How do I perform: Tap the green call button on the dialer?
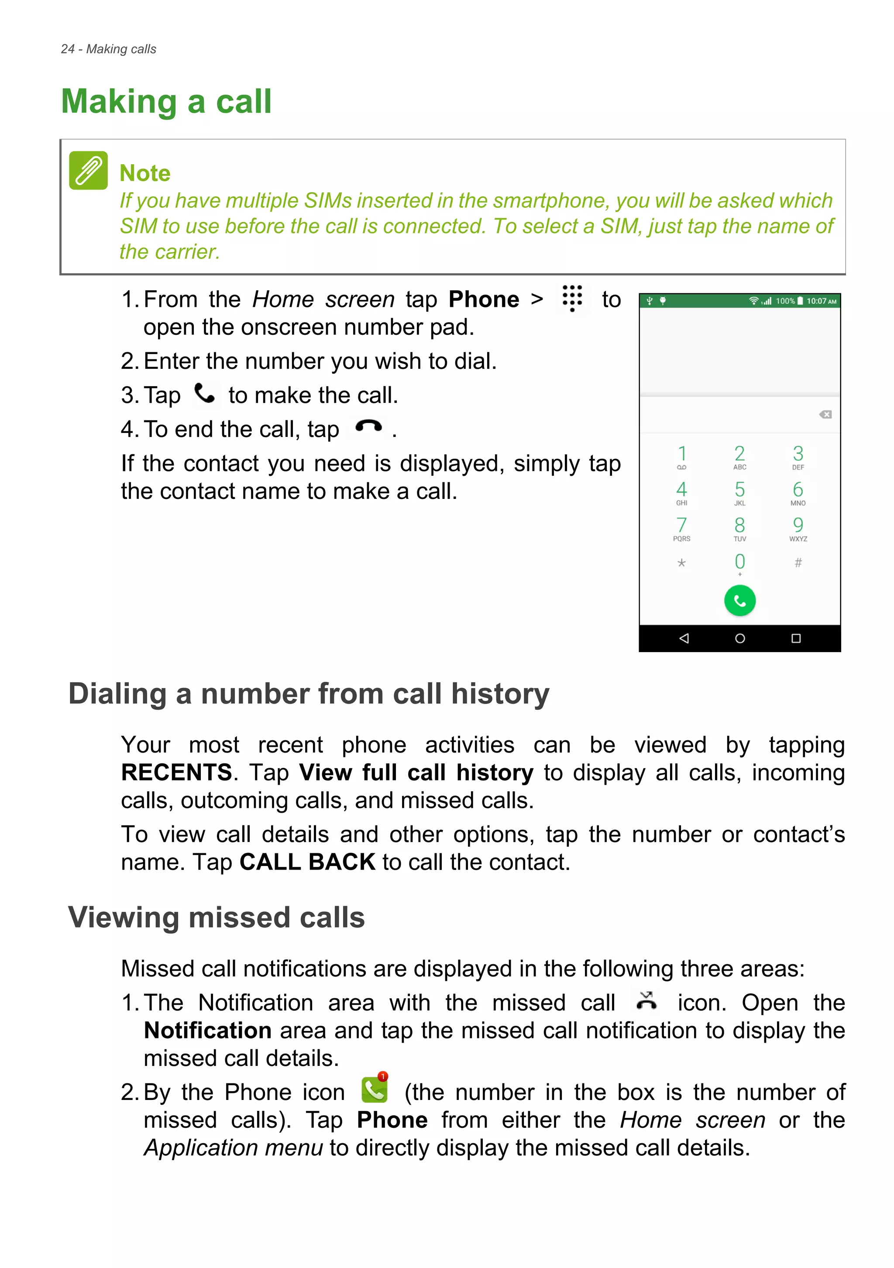[x=739, y=600]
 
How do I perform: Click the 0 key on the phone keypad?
[x=739, y=563]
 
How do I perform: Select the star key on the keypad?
[x=681, y=563]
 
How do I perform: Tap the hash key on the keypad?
[x=798, y=563]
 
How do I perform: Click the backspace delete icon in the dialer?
[x=825, y=415]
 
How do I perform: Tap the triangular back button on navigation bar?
[x=684, y=639]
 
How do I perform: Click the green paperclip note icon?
[x=88, y=171]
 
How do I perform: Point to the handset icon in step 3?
[x=205, y=394]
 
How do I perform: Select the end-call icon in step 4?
[x=368, y=426]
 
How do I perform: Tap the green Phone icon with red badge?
[x=375, y=1089]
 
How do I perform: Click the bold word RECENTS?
[x=177, y=772]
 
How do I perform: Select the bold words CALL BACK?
[x=307, y=862]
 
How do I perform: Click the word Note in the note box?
[x=144, y=173]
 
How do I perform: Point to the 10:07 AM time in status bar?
[x=821, y=301]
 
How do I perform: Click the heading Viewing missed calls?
[x=216, y=917]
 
